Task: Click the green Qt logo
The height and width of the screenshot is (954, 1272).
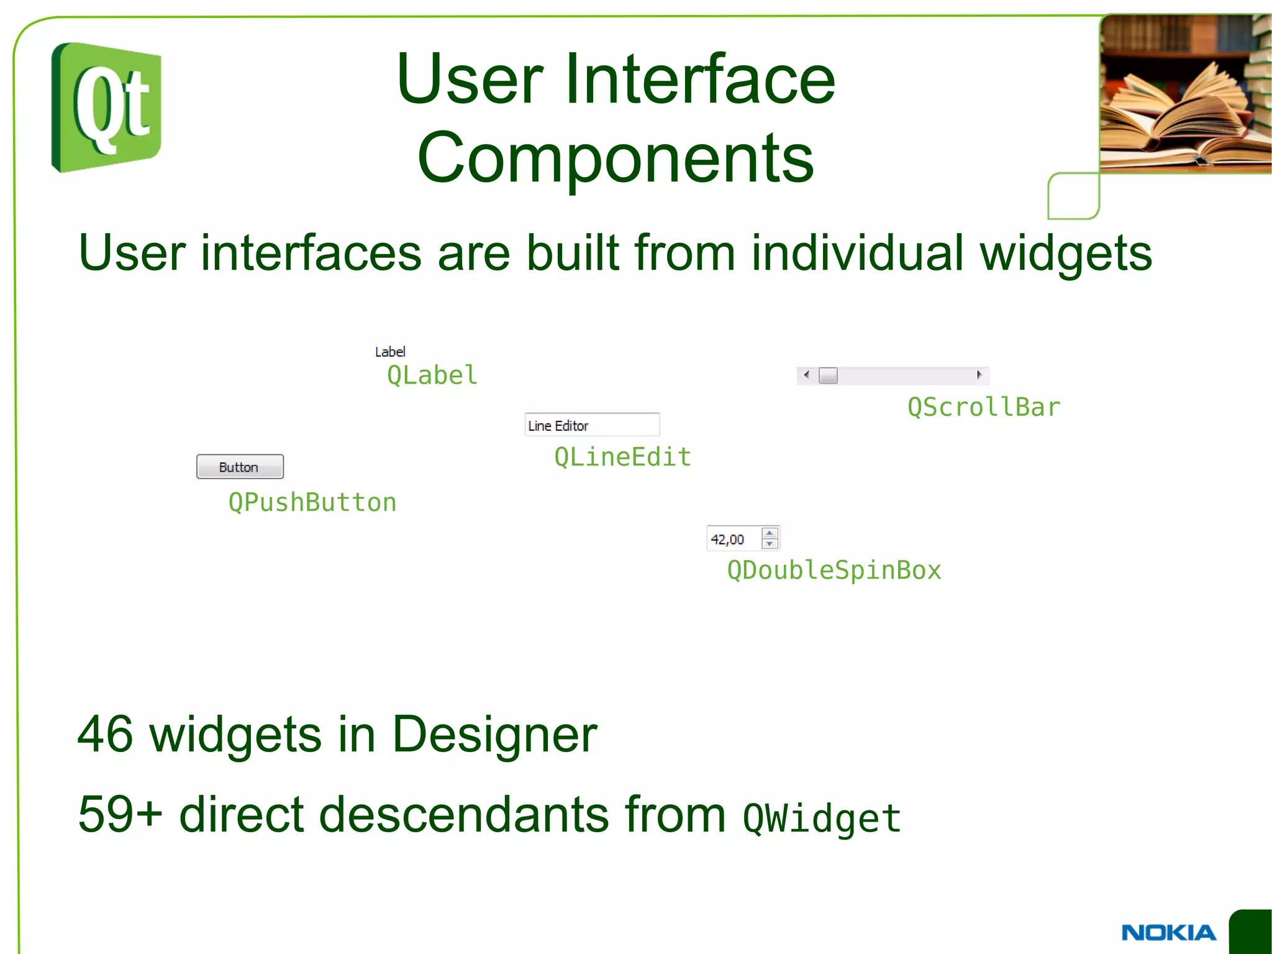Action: pyautogui.click(x=106, y=108)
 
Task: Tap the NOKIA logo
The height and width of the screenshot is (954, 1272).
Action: pyautogui.click(x=1168, y=932)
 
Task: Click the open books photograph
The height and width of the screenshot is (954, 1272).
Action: pyautogui.click(x=1185, y=93)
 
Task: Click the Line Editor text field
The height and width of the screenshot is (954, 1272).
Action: pyautogui.click(x=592, y=425)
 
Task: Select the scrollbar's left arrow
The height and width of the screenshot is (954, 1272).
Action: pyautogui.click(x=806, y=375)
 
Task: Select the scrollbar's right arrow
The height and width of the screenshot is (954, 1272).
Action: pyautogui.click(x=979, y=375)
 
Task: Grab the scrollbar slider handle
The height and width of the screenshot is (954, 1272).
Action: pyautogui.click(x=828, y=375)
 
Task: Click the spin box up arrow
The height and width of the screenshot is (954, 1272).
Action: pyautogui.click(x=770, y=533)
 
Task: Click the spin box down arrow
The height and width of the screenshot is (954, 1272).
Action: pyautogui.click(x=770, y=544)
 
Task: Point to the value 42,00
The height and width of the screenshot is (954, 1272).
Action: pyautogui.click(x=727, y=539)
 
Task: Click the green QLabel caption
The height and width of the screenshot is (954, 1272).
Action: pyautogui.click(x=432, y=375)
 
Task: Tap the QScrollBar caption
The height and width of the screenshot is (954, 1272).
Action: pyautogui.click(x=984, y=407)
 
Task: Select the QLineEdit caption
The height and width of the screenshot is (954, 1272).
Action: pyautogui.click(x=622, y=457)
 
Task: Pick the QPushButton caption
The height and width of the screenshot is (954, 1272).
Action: pyautogui.click(x=312, y=502)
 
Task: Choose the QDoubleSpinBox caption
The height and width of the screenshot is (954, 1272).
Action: pyautogui.click(x=834, y=570)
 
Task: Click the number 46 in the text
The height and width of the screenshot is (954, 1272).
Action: pyautogui.click(x=105, y=734)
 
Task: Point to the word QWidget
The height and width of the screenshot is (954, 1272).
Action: pyautogui.click(x=822, y=818)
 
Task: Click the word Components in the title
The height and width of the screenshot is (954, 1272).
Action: pyautogui.click(x=616, y=158)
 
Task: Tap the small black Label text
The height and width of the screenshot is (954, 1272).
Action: pyautogui.click(x=390, y=352)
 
